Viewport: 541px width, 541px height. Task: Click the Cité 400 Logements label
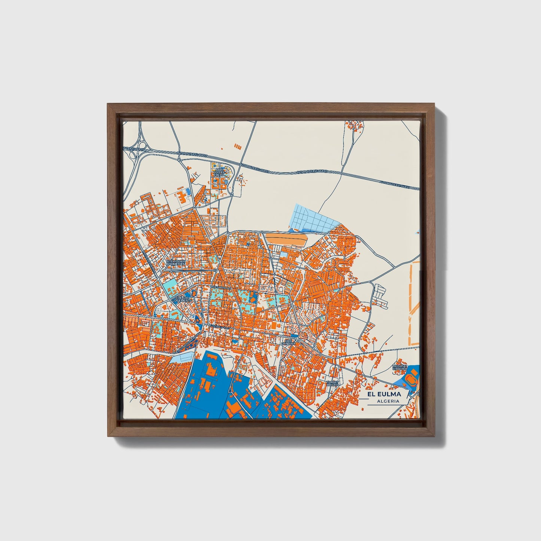click(183, 299)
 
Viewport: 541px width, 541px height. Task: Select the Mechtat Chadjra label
click(399, 368)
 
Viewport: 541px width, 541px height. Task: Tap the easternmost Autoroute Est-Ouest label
click(395, 184)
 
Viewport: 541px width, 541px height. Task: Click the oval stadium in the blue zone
click(411, 379)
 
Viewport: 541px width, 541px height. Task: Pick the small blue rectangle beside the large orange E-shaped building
click(188, 192)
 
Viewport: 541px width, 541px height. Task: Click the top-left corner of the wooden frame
click(109, 104)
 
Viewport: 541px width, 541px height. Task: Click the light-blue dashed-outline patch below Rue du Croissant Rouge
click(181, 358)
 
